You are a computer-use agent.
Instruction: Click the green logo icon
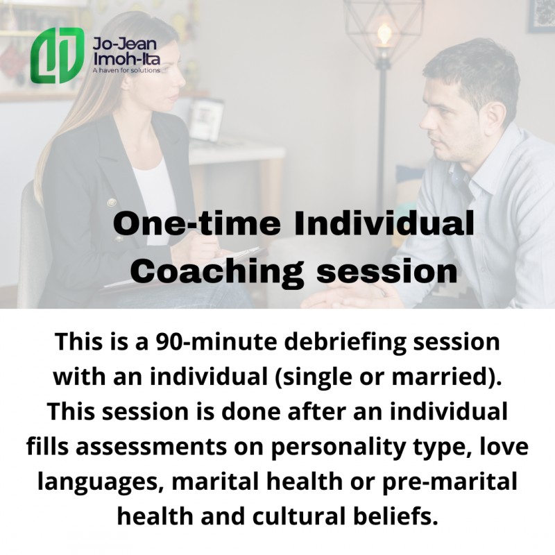tap(58, 55)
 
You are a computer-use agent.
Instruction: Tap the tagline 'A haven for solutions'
tap(126, 70)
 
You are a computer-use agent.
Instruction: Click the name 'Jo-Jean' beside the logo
tap(125, 44)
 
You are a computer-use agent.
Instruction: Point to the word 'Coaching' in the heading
tap(217, 273)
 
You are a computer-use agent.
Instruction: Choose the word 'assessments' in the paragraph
tap(151, 447)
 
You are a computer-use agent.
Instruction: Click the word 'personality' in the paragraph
tap(338, 448)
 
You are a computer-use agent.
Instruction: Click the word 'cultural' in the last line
tap(299, 515)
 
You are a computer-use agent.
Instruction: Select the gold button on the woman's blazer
tap(112, 203)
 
